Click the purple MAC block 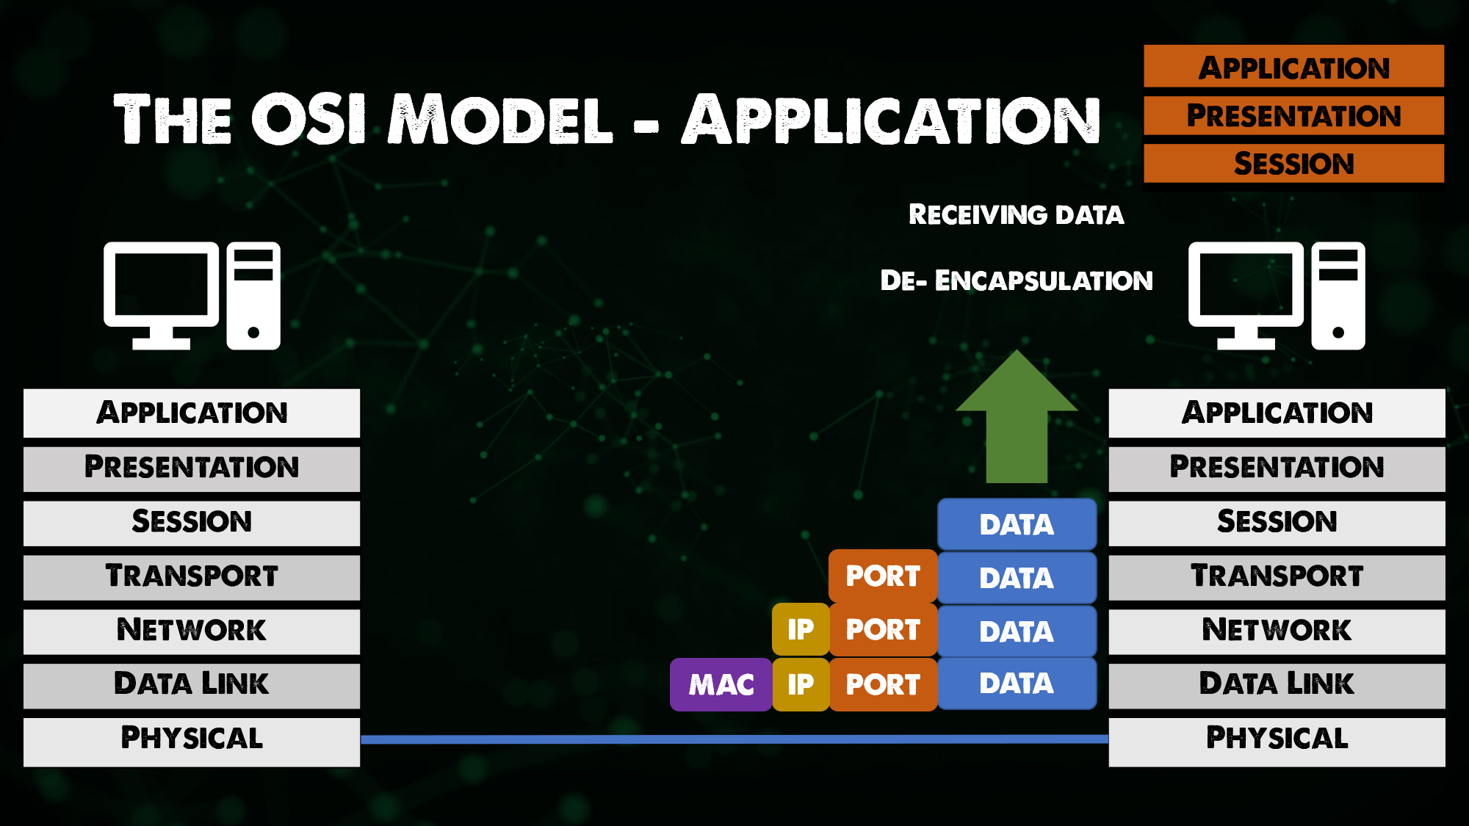click(721, 684)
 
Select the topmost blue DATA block click(1017, 524)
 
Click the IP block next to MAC click(801, 684)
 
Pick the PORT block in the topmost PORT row click(882, 576)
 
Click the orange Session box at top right click(1293, 163)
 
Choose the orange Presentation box click(1293, 115)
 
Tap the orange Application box click(1293, 67)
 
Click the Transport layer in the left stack click(192, 576)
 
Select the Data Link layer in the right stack click(1277, 684)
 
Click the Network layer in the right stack click(1277, 631)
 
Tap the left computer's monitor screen click(162, 284)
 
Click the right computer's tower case click(1338, 295)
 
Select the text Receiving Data click(1016, 214)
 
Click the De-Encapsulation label click(1016, 280)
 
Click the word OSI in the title click(308, 119)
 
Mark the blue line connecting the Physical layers click(734, 739)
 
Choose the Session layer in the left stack click(192, 522)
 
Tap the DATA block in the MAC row click(1017, 684)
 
